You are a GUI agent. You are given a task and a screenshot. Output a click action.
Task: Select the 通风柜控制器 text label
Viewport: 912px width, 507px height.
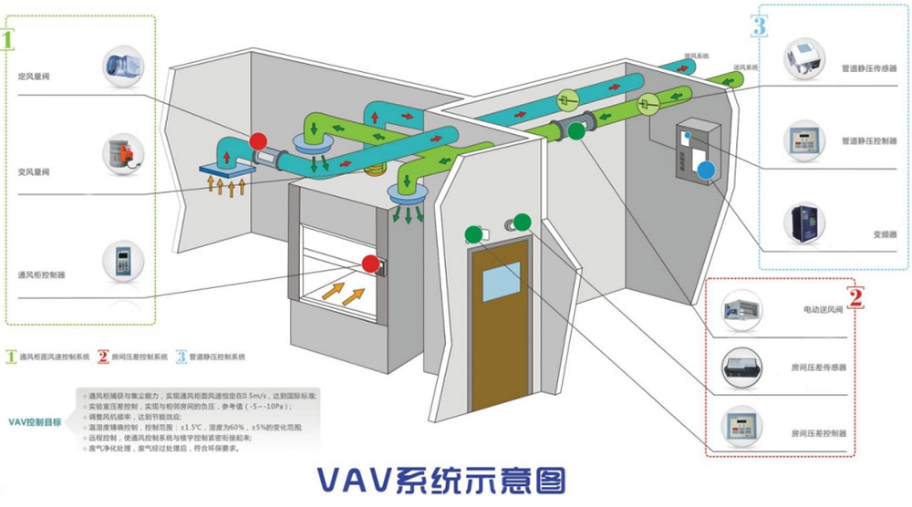[x=41, y=274]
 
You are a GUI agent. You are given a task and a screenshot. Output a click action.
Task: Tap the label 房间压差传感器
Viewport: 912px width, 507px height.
[x=818, y=367]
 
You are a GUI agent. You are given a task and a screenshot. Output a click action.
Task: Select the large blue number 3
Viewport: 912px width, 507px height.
[x=760, y=25]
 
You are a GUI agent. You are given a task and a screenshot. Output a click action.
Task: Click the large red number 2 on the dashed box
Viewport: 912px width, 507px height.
[x=855, y=296]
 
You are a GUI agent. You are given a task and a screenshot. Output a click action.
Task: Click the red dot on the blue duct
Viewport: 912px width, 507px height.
[x=258, y=140]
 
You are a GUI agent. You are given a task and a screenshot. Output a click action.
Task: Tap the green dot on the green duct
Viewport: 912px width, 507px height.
[x=575, y=132]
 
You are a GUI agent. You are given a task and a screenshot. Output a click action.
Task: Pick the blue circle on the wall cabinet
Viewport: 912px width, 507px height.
[x=704, y=170]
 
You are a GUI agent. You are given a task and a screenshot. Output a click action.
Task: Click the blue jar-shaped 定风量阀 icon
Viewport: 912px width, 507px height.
[x=121, y=67]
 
